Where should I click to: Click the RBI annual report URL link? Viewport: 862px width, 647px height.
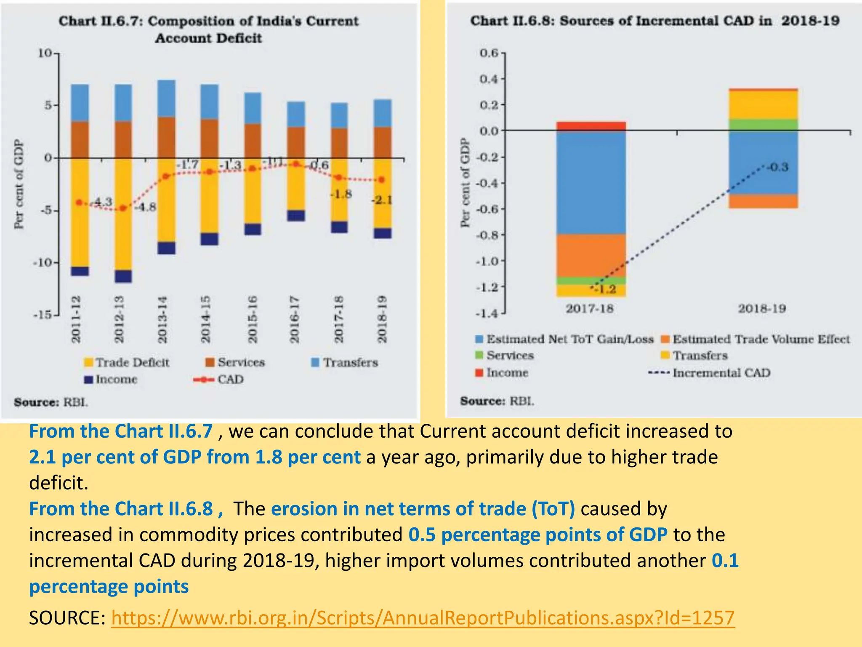coord(423,618)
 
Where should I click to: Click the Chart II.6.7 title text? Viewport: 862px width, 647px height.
coord(208,29)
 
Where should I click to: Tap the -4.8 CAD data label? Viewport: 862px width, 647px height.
coord(146,207)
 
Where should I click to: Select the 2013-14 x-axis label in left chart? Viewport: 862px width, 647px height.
coord(162,319)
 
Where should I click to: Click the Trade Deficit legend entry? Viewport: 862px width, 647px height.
coord(127,362)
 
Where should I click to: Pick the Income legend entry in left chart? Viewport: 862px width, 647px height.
coord(111,380)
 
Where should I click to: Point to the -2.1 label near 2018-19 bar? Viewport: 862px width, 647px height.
coord(381,200)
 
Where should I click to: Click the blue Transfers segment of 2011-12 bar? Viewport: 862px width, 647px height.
coord(80,103)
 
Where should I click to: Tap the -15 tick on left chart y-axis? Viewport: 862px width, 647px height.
coord(43,315)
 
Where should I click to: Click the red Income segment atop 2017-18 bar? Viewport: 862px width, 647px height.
coord(591,126)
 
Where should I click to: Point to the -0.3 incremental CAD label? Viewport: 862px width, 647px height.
coord(777,167)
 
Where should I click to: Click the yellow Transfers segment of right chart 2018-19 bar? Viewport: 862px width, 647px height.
coord(763,104)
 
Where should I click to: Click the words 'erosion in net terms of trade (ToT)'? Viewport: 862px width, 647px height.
coord(423,509)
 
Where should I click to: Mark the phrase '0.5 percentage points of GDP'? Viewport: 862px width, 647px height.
coord(537,535)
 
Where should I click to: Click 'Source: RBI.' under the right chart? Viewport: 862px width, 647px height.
coord(497,401)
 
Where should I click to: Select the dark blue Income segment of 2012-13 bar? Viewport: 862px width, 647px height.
coord(123,276)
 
